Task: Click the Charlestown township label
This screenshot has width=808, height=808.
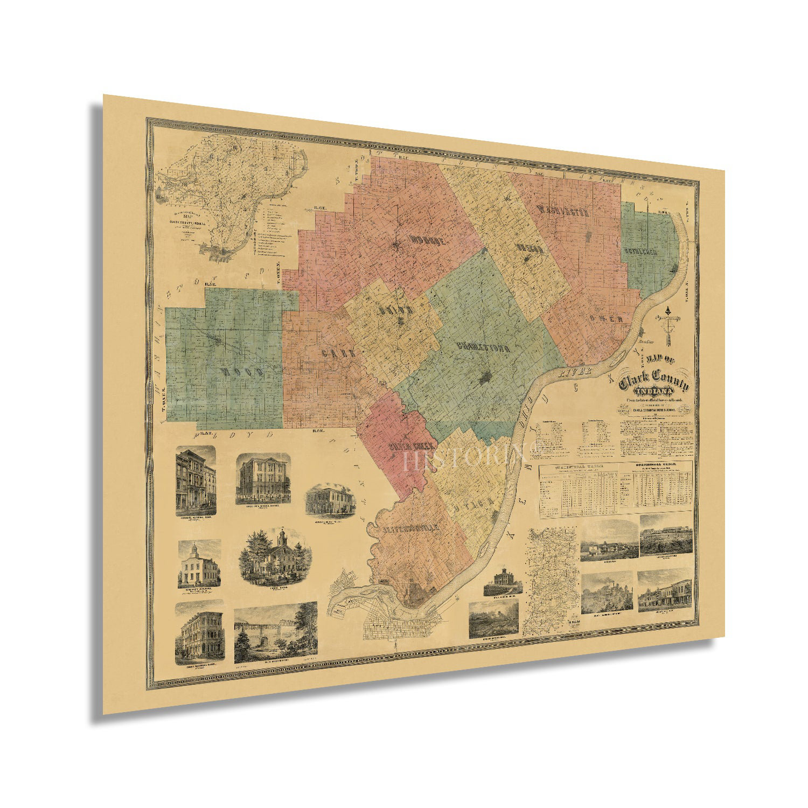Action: [x=483, y=347]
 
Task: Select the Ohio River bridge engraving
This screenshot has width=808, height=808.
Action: [x=275, y=632]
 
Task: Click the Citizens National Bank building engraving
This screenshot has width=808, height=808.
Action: [x=196, y=479]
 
